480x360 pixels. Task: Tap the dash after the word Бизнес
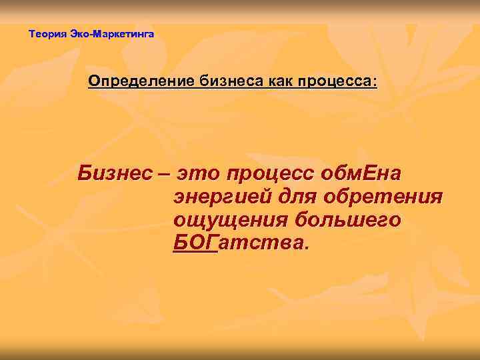pyautogui.click(x=164, y=175)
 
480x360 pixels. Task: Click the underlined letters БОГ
pyautogui.click(x=195, y=242)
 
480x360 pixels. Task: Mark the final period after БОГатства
pyautogui.click(x=307, y=247)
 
